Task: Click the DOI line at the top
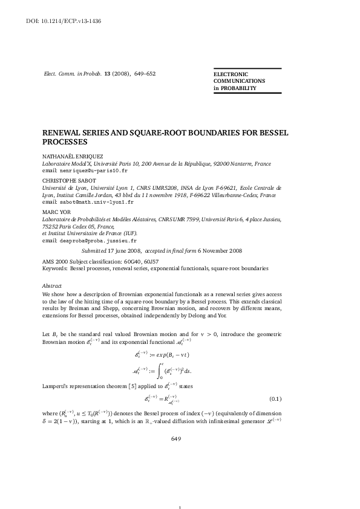(55, 21)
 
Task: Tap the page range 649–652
(142, 73)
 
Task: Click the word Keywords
(54, 267)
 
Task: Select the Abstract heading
(51, 284)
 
